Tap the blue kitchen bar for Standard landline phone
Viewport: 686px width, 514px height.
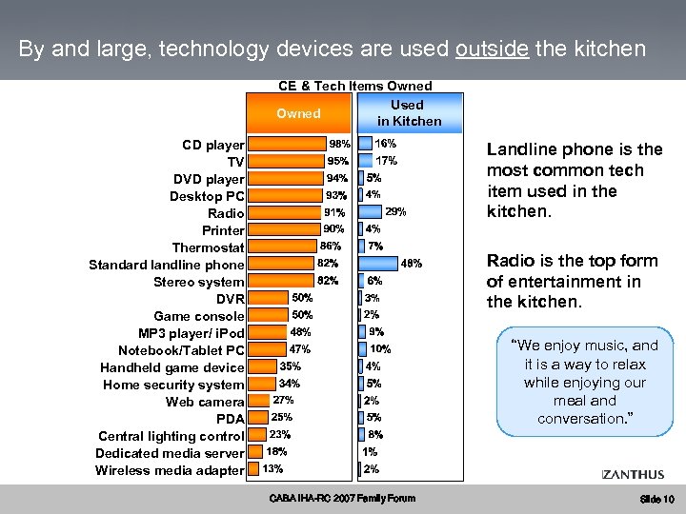pos(378,264)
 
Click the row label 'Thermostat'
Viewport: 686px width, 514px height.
pos(208,247)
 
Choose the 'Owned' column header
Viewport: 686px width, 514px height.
pos(298,113)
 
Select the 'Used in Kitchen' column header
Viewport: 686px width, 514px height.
pos(409,113)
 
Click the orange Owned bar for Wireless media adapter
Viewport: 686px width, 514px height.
pos(253,469)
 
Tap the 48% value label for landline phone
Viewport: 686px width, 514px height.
pos(412,264)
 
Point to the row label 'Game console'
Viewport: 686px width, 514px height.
pos(199,316)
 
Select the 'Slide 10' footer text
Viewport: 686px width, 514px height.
pos(656,500)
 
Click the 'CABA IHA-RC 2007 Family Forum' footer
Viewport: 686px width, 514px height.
pos(342,498)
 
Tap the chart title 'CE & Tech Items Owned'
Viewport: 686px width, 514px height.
pos(354,87)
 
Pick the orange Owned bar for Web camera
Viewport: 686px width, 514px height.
pos(259,401)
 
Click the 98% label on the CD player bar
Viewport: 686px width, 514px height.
pos(339,145)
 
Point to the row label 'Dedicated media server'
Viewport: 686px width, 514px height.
pos(170,453)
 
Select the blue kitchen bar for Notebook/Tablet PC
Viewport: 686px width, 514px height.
pos(361,349)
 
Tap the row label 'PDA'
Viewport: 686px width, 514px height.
pos(231,419)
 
